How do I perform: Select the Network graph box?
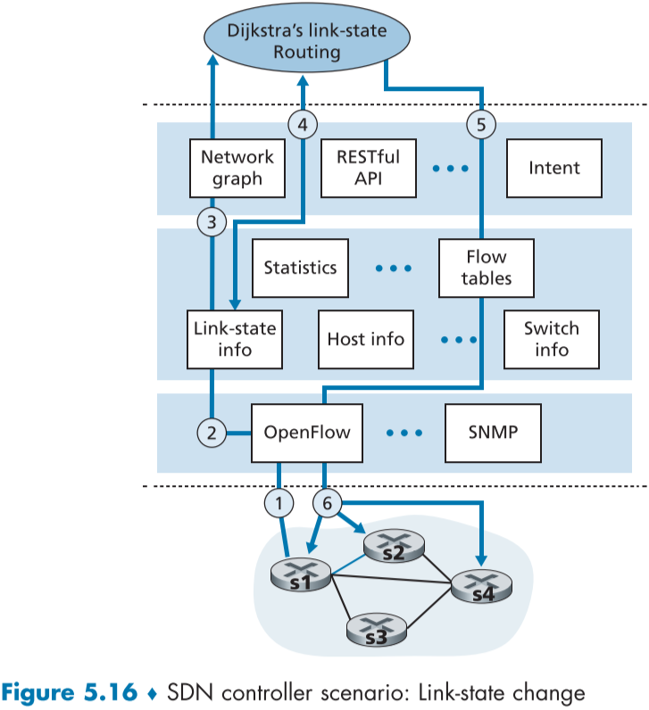(x=237, y=168)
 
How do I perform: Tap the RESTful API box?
(x=368, y=168)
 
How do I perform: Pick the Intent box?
(x=553, y=168)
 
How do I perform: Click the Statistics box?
(x=300, y=268)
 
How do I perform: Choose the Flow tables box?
(x=486, y=268)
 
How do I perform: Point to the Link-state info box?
(x=235, y=338)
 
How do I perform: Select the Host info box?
(x=365, y=339)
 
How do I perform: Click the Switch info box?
(x=551, y=338)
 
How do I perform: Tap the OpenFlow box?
(x=307, y=433)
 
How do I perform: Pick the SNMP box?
(x=493, y=433)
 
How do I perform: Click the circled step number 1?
(x=279, y=504)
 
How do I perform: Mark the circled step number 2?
(x=212, y=434)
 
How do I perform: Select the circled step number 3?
(x=212, y=222)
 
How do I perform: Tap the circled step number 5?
(x=481, y=126)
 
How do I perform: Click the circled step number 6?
(x=327, y=504)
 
